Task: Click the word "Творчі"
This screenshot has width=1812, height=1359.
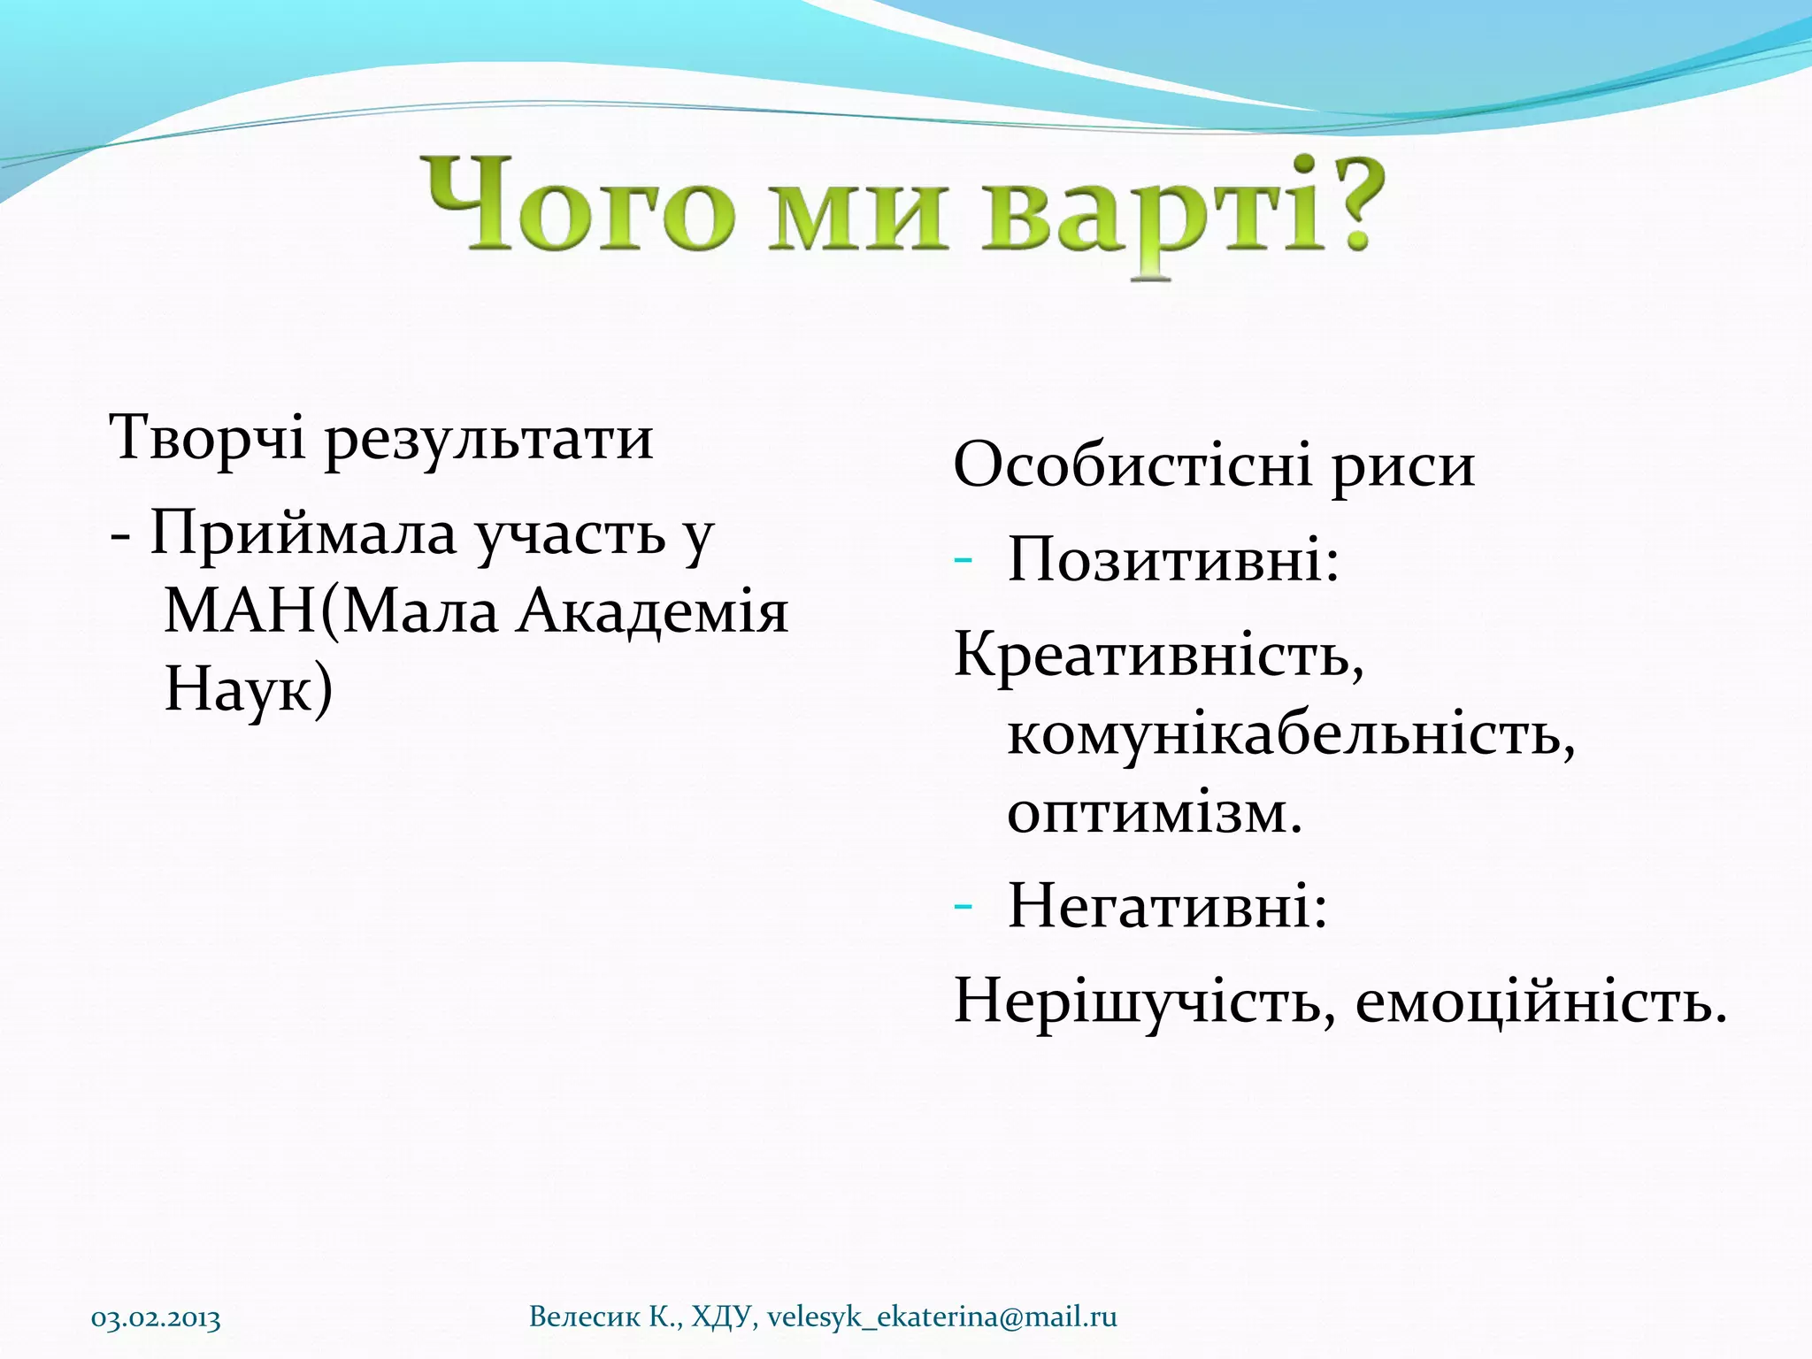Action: [206, 437]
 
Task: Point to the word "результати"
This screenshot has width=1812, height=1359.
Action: [489, 440]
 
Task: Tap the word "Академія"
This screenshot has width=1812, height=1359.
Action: [652, 611]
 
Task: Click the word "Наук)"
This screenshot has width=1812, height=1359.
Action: [249, 688]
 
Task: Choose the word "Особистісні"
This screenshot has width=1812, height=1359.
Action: [1132, 465]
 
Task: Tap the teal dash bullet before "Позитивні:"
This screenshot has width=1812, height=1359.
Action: [964, 560]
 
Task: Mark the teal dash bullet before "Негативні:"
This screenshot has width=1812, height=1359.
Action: [964, 905]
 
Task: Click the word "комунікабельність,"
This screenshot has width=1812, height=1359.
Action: [1291, 734]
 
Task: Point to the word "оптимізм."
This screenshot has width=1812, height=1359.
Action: [1155, 812]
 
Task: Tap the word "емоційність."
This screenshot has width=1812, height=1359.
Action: [1540, 1002]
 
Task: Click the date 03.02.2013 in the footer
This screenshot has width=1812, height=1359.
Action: [156, 1319]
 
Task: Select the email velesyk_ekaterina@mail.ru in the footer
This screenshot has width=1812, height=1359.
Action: [941, 1317]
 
